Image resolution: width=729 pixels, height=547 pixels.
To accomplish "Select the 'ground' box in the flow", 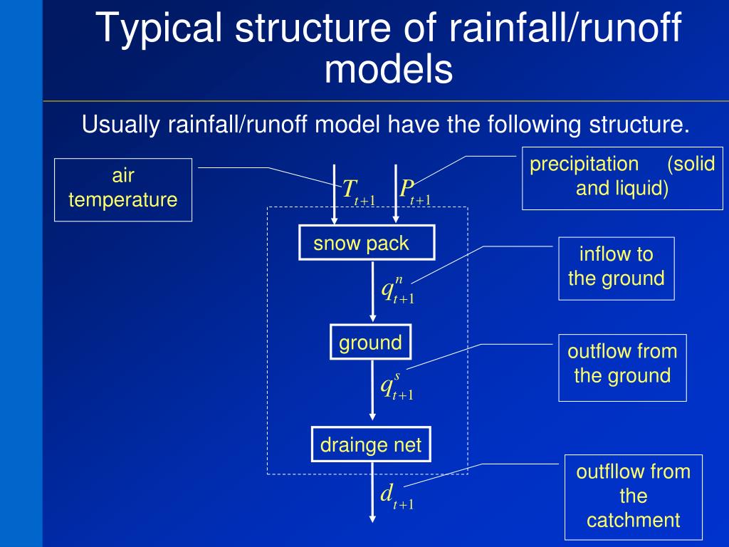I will pos(370,343).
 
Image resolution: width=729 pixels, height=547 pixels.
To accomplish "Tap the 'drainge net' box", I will pos(371,445).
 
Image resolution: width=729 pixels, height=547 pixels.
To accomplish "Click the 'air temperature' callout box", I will pos(123,189).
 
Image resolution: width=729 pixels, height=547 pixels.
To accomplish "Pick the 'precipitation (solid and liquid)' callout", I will pos(622,177).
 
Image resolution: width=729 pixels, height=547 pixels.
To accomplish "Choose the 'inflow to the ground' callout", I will pos(616,267).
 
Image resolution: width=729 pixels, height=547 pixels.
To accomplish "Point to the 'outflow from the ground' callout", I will pos(622,366).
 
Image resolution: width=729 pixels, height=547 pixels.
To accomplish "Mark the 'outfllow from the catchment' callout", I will pos(633,496).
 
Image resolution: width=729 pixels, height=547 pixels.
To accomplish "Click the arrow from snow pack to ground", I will pos(372,292).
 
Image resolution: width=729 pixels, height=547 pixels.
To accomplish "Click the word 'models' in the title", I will pos(389,71).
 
